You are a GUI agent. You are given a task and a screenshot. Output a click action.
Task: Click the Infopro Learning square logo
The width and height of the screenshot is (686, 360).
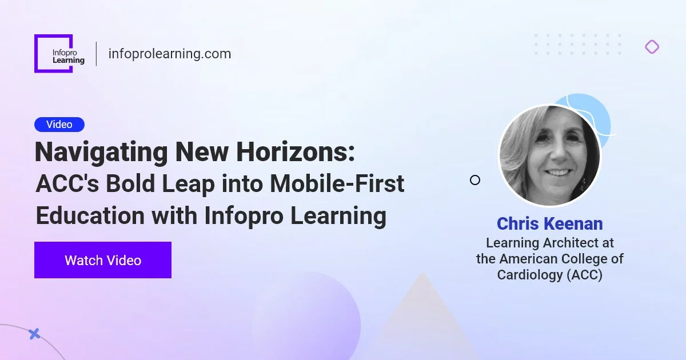[x=54, y=53]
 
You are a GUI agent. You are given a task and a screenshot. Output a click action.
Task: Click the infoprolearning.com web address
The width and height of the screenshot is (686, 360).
[x=169, y=54]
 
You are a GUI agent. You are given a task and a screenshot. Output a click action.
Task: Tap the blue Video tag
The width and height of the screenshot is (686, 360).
[x=59, y=124]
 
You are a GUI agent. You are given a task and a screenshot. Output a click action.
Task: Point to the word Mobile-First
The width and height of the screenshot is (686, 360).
[x=337, y=184]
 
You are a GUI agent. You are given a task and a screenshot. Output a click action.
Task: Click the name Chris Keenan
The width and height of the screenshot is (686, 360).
[x=549, y=223]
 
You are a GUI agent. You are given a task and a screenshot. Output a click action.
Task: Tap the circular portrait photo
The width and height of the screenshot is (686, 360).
[x=550, y=155]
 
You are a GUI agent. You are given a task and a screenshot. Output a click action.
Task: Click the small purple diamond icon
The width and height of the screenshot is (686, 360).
[x=652, y=47]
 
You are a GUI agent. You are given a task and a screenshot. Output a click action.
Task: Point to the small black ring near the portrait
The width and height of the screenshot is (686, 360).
[x=474, y=180]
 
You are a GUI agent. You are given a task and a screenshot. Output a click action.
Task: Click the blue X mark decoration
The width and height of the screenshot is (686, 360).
[x=34, y=334]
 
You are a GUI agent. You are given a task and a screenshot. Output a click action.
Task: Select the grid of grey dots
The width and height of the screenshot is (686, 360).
[x=577, y=45]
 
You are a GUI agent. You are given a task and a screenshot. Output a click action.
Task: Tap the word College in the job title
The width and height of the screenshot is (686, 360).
[x=587, y=259]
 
